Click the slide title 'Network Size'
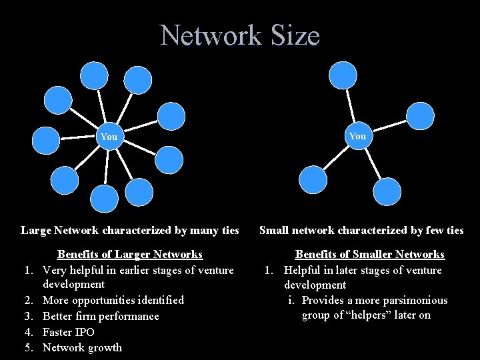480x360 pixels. coord(240,35)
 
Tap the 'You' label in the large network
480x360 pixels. coord(109,137)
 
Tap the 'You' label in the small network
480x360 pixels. coord(357,136)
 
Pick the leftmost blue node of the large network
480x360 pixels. coord(46,141)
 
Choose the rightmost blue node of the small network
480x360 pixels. coord(420,115)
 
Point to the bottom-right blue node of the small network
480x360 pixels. coord(387,191)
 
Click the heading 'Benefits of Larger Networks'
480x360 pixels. coord(130,255)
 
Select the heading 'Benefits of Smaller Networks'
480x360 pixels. coord(370,255)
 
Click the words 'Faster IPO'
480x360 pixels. coord(69,332)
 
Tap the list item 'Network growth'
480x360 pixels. coord(82,347)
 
